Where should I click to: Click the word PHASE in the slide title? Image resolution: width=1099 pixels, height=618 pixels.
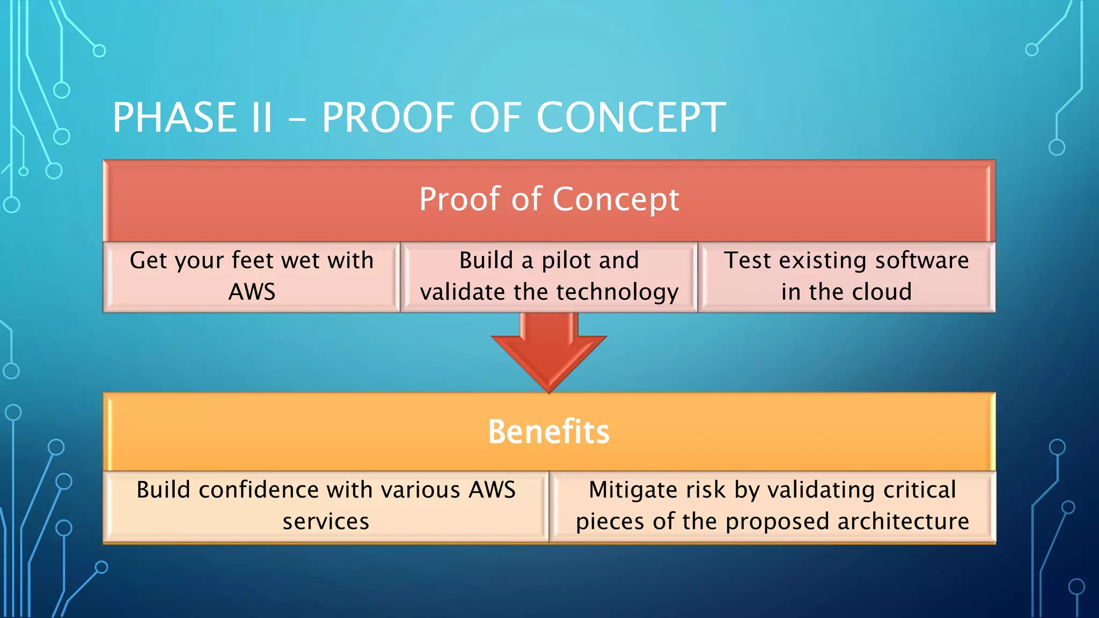(x=174, y=118)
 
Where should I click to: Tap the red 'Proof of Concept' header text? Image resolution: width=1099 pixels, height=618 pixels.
(x=549, y=199)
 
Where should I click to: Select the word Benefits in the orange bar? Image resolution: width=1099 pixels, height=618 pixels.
(x=548, y=432)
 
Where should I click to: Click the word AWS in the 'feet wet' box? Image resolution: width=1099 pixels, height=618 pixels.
(x=252, y=292)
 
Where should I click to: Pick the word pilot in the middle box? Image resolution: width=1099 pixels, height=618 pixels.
(x=566, y=261)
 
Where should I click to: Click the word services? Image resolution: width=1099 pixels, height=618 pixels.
(x=326, y=521)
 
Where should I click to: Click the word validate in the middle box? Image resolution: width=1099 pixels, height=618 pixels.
(x=462, y=292)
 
